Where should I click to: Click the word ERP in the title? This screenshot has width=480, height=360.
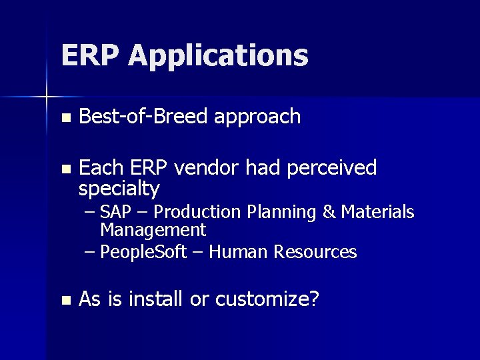(91, 55)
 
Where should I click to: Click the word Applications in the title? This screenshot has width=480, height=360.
(219, 57)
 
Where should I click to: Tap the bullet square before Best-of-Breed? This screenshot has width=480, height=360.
(65, 119)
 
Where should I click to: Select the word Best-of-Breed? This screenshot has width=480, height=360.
(143, 117)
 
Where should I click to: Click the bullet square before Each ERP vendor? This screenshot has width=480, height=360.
(65, 169)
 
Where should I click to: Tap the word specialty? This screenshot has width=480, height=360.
(119, 189)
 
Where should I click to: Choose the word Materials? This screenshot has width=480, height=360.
(377, 212)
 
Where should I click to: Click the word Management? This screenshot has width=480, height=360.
(153, 231)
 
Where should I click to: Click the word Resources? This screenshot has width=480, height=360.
(319, 252)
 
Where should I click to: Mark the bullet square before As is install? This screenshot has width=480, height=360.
(65, 301)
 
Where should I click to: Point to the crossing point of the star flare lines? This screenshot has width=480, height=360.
(47, 97)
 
